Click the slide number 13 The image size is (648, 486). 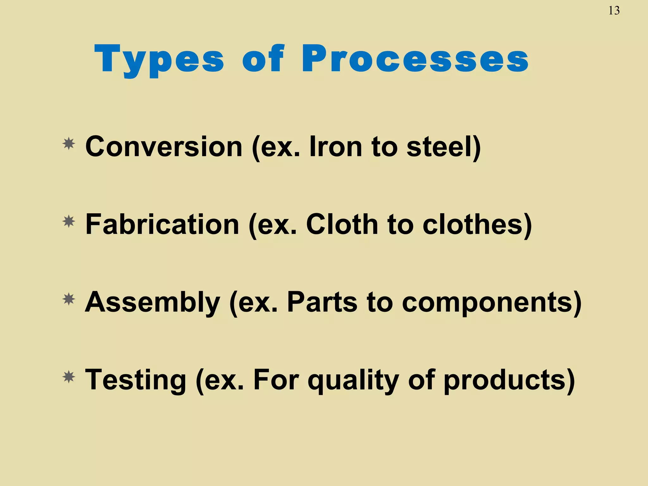click(x=614, y=11)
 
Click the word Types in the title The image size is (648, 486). click(x=159, y=59)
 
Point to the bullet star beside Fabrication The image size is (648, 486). click(x=69, y=222)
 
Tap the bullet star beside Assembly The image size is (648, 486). click(x=69, y=299)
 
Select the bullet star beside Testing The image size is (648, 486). click(x=69, y=377)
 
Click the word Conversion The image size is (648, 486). click(x=164, y=146)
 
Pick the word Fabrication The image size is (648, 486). click(x=162, y=224)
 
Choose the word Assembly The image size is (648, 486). click(x=152, y=302)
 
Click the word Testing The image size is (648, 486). click(x=136, y=380)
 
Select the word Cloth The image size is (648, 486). click(x=342, y=224)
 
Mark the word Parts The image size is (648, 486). click(x=322, y=302)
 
